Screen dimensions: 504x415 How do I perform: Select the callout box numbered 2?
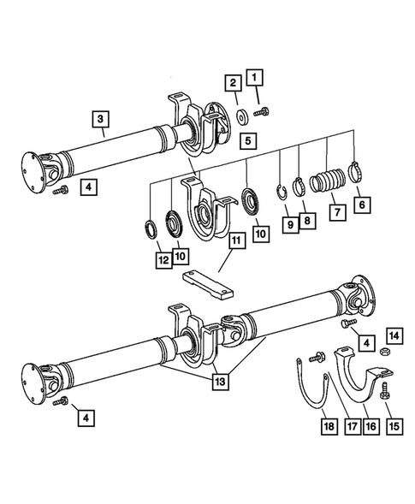232,83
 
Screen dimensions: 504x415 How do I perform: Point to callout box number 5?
246,139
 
